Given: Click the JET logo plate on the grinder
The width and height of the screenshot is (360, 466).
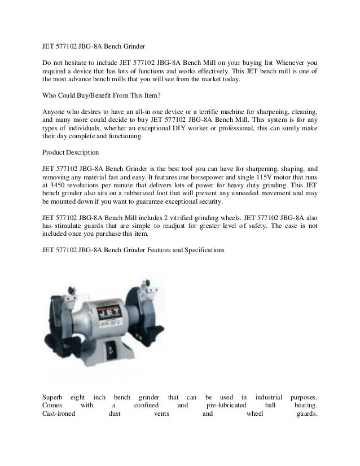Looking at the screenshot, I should pos(106,311).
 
